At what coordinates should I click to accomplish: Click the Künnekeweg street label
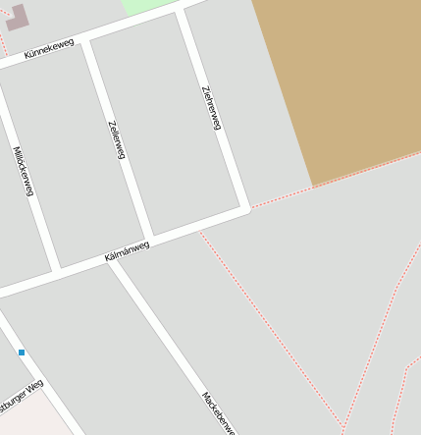pyautogui.click(x=49, y=48)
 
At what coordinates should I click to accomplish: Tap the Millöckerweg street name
pyautogui.click(x=24, y=171)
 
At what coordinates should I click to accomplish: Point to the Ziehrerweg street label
pyautogui.click(x=211, y=108)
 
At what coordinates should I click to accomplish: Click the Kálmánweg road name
pyautogui.click(x=128, y=251)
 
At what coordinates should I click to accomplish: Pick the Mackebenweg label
pyautogui.click(x=219, y=412)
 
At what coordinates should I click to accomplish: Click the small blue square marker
pyautogui.click(x=22, y=352)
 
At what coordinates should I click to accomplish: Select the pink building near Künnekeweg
pyautogui.click(x=17, y=17)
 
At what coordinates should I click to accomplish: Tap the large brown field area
pyautogui.click(x=343, y=79)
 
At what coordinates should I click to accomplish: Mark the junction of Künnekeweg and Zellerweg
pyautogui.click(x=86, y=42)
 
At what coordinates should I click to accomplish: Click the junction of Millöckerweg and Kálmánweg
pyautogui.click(x=56, y=268)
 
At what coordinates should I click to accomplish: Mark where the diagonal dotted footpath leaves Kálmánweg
pyautogui.click(x=199, y=231)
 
